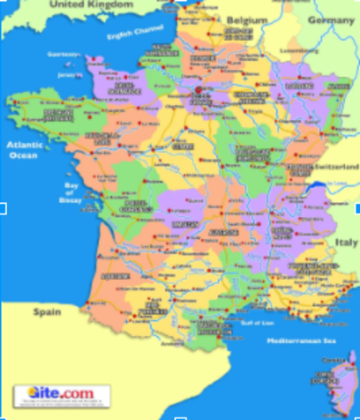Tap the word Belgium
point(245,19)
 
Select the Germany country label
point(332,19)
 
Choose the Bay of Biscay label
point(73,193)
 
